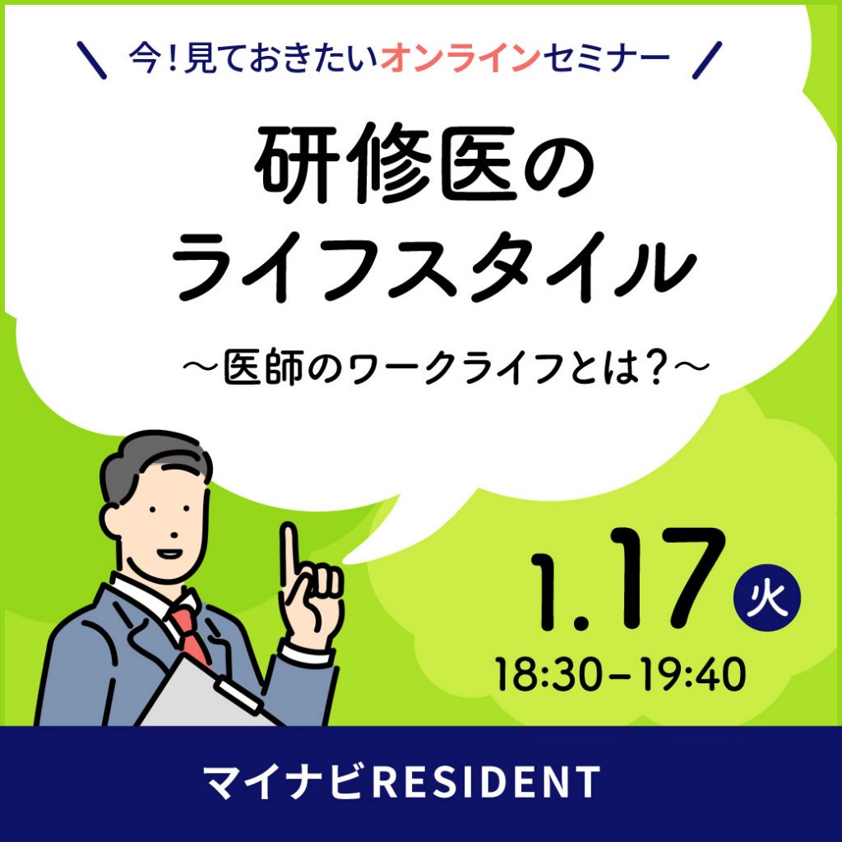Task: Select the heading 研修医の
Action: [x=426, y=164]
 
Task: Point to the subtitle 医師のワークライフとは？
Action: [x=445, y=368]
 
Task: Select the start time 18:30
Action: [x=548, y=674]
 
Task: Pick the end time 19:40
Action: [x=692, y=674]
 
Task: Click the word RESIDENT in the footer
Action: [x=486, y=782]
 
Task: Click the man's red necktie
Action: [x=191, y=634]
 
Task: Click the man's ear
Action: [x=112, y=516]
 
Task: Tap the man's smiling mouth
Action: [x=168, y=553]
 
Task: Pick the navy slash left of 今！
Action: [x=92, y=61]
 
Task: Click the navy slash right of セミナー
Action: [x=707, y=61]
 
